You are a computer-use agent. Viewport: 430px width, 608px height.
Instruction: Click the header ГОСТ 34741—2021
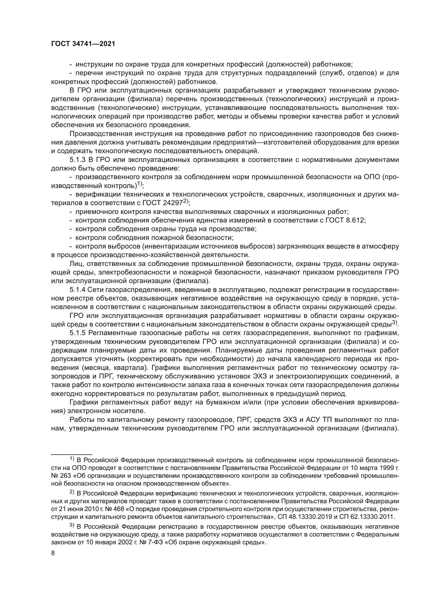83,44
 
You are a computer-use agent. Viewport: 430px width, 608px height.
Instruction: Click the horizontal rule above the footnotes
71,454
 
